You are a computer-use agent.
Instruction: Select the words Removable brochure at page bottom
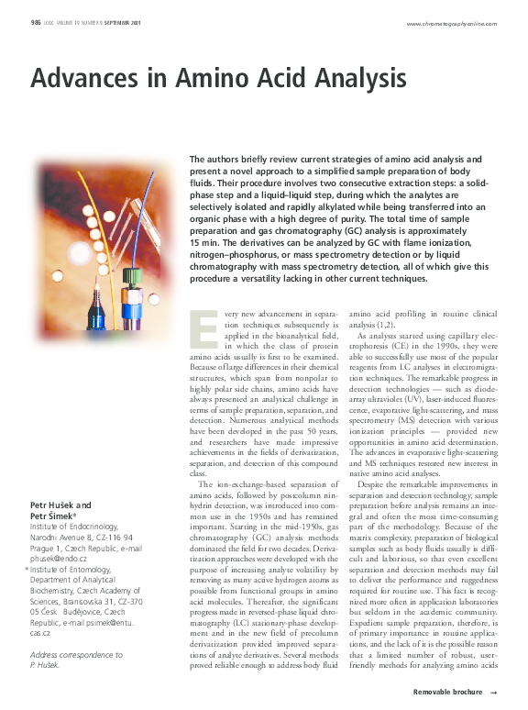coord(447,691)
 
